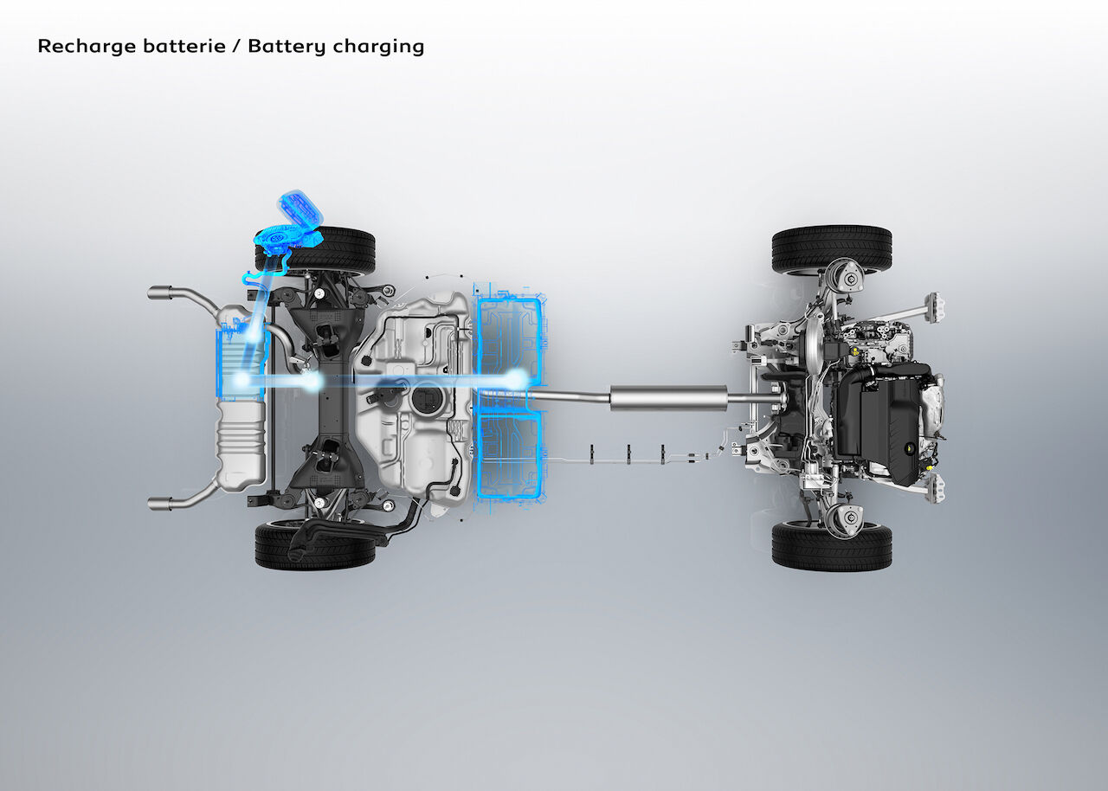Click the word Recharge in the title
click(87, 47)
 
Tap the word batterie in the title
click(184, 46)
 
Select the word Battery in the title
click(287, 47)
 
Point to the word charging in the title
click(378, 47)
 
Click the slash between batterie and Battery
click(237, 47)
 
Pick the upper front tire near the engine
click(832, 249)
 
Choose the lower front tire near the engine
click(832, 546)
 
